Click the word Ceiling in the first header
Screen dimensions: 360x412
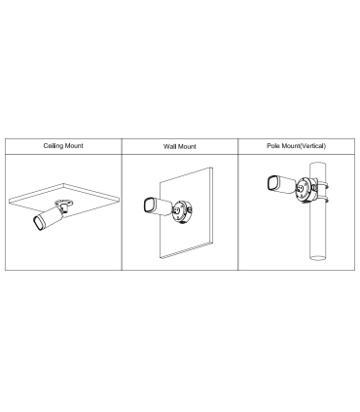coord(53,146)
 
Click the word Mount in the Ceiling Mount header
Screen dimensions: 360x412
coord(74,145)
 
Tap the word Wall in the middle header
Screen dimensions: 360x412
coord(169,146)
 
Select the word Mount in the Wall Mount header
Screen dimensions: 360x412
coord(187,146)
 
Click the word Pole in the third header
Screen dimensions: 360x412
coord(273,146)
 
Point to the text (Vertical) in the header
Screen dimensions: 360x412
coord(312,146)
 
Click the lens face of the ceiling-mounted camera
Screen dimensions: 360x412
coord(39,223)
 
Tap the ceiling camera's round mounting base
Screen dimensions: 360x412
coord(64,203)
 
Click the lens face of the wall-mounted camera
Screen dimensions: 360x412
coord(149,206)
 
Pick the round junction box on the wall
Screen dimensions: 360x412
coord(182,211)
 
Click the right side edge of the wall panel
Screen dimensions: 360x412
coord(211,205)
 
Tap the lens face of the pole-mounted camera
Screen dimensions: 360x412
coord(273,183)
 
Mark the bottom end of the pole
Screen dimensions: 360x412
coord(317,258)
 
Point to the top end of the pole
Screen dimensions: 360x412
coord(317,163)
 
